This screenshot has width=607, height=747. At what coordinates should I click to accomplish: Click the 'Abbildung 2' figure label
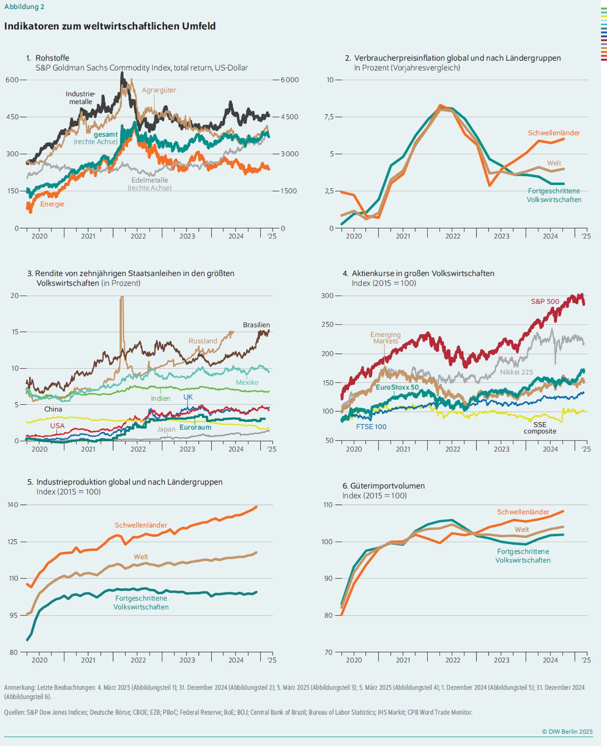click(24, 7)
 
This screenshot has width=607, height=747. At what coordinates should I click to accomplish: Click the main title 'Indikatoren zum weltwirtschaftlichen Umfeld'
click(110, 26)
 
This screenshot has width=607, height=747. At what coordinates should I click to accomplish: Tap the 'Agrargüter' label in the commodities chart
click(159, 90)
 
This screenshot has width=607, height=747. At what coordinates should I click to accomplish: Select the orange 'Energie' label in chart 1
click(52, 204)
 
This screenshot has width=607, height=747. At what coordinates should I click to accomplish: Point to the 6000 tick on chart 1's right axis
click(289, 80)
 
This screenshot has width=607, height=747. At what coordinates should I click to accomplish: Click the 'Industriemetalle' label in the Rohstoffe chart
click(80, 98)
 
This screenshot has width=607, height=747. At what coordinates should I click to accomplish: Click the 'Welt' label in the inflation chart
click(554, 163)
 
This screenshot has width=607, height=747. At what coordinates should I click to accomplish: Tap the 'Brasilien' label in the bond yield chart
click(256, 325)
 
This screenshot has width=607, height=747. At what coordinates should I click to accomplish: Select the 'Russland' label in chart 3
click(203, 341)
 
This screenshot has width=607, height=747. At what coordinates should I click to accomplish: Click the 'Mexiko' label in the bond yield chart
click(247, 382)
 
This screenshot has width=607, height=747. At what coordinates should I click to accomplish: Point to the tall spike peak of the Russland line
click(122, 297)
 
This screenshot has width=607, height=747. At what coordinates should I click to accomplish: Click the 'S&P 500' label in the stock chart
click(545, 301)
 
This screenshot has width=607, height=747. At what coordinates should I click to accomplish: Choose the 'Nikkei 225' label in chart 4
click(517, 372)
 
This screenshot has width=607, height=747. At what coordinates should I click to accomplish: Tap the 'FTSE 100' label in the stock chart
click(371, 427)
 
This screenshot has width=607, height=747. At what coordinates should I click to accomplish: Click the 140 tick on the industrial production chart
click(13, 505)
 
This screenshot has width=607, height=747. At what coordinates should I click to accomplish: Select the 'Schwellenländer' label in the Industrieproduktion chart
click(141, 525)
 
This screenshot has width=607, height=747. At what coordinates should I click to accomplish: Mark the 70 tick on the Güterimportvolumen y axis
click(329, 652)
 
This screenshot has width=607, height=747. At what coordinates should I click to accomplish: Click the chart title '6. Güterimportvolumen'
click(384, 486)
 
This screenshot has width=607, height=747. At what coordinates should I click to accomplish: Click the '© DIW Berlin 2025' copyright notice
click(567, 732)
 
